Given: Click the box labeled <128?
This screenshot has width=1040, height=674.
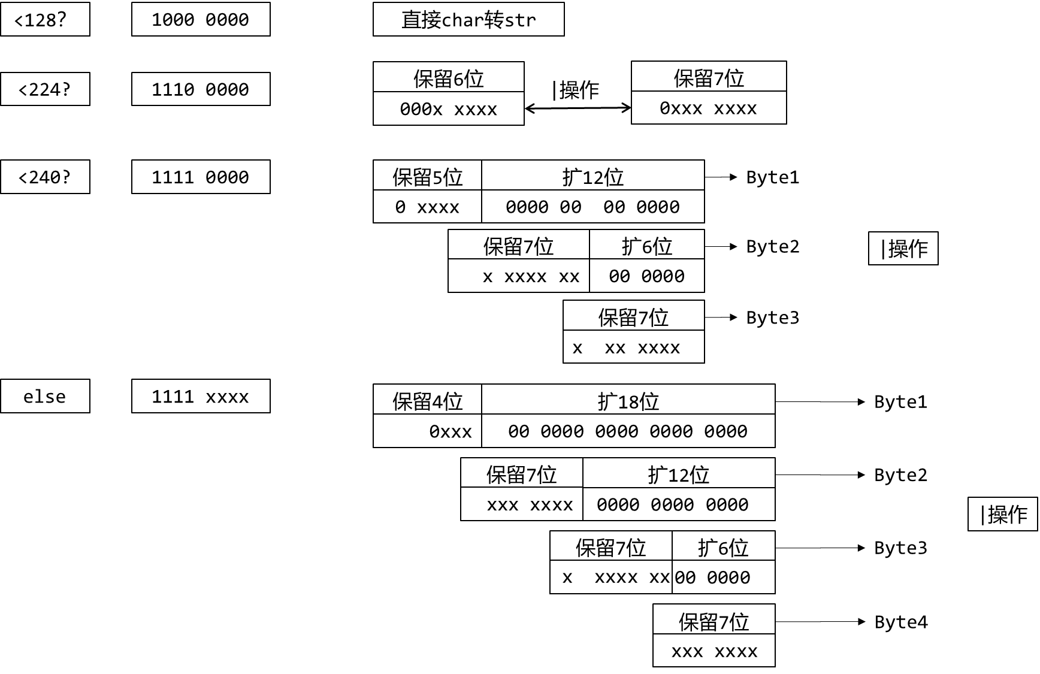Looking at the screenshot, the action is pos(45,19).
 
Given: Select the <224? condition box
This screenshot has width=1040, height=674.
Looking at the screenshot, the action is pos(45,89).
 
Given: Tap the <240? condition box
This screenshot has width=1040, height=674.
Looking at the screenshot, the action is pos(45,177).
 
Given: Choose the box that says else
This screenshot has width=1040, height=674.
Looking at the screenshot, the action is pos(45,396).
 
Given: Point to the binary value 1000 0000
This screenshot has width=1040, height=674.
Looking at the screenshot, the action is pos(201,19).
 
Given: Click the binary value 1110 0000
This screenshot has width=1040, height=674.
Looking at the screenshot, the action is pos(201,89).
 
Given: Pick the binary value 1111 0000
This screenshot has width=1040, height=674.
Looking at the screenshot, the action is pos(201,177).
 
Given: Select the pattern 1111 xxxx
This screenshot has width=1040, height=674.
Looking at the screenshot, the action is pos(201,396).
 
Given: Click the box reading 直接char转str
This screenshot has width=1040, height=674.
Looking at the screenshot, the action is pos(468,19).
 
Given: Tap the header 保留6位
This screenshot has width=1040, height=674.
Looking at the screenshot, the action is pos(448,78).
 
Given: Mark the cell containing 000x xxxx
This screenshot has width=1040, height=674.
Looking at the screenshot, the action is pos(448,109).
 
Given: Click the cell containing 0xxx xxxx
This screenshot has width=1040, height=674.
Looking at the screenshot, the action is pos(708,108).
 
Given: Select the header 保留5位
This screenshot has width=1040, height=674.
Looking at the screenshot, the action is pos(427,176).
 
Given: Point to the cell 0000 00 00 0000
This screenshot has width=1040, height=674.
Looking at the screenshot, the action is pos(592,207).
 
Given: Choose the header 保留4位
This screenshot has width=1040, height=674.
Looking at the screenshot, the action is pos(427,400).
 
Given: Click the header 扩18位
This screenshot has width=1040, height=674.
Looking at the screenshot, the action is pos(628,400).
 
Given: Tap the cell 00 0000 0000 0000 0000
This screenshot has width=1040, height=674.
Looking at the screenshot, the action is pos(628,431).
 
